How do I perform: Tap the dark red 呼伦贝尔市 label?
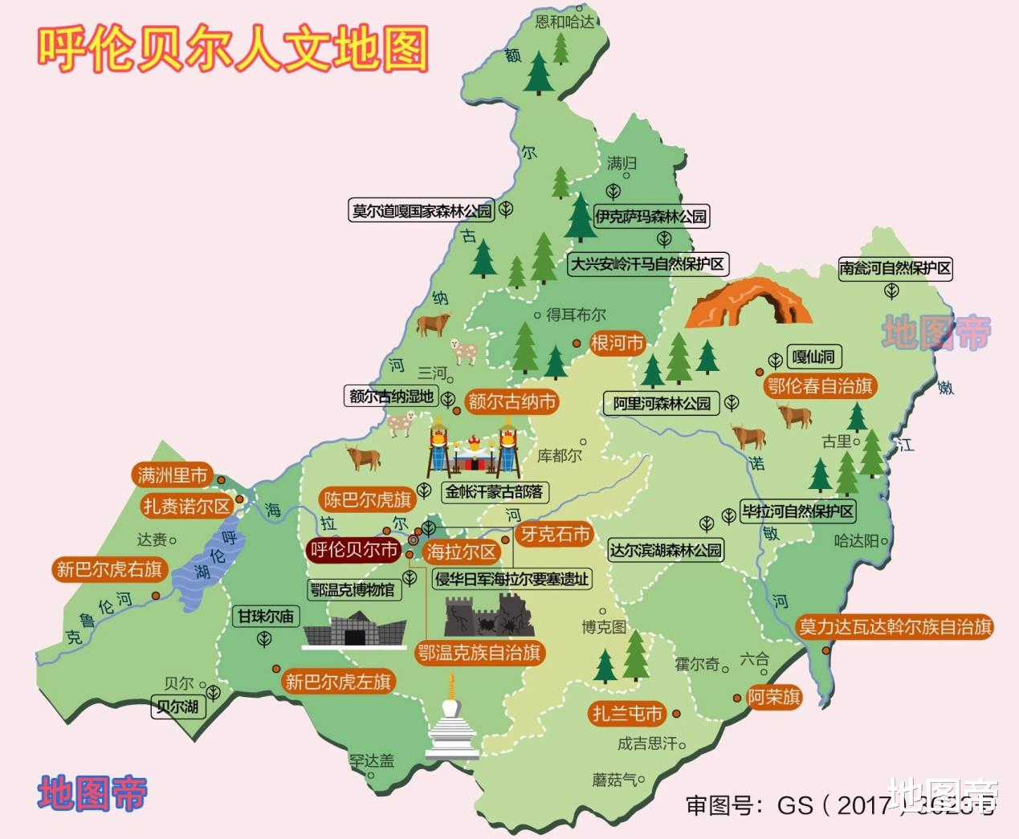(353, 550)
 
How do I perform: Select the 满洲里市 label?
(172, 475)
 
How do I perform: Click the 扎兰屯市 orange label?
(627, 713)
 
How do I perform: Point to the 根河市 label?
(618, 344)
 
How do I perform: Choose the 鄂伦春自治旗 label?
(820, 386)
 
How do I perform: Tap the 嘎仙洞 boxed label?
(813, 357)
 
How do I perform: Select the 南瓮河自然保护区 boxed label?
(895, 268)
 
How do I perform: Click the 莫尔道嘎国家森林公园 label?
(422, 211)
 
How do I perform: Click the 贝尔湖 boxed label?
(178, 707)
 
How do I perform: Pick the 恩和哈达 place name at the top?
(565, 22)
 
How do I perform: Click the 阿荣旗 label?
(774, 697)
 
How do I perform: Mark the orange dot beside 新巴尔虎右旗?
(156, 595)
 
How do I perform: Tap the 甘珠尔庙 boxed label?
(265, 617)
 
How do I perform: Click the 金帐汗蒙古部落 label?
(494, 491)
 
